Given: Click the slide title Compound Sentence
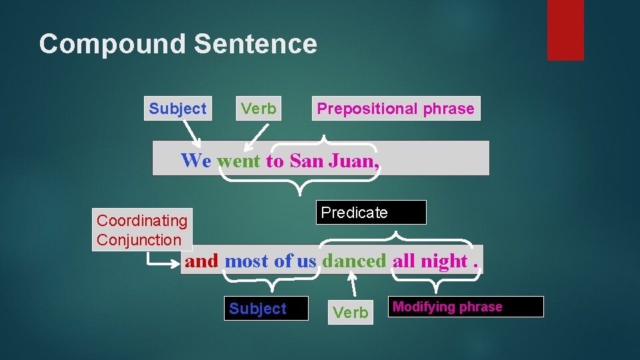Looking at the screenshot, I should (x=178, y=44).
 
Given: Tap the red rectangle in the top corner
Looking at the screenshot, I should (x=565, y=30).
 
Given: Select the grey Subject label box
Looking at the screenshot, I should (x=177, y=109).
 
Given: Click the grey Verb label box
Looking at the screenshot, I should (x=259, y=109).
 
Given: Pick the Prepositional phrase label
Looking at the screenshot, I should (x=395, y=109).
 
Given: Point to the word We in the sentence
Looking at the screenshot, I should (x=196, y=160).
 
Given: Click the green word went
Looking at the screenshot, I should (x=239, y=160).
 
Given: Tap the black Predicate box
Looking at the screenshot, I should (x=371, y=213).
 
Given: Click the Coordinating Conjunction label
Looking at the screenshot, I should (x=142, y=230).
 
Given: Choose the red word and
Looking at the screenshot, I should (x=201, y=261).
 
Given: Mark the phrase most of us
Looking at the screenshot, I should (x=271, y=261).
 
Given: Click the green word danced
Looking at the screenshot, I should (x=354, y=261).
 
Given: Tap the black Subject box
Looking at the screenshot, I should (x=266, y=309).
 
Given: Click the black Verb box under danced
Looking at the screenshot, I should (x=351, y=312).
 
